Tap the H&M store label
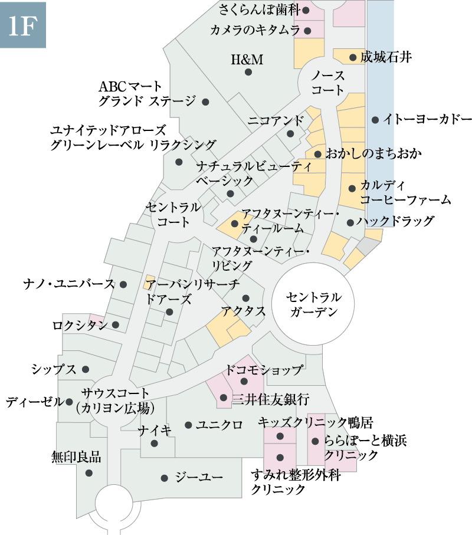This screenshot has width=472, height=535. tap(247, 60)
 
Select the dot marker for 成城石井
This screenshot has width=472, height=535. tap(353, 57)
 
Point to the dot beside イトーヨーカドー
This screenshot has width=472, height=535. tap(375, 120)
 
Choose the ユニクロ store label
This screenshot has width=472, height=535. tap(219, 425)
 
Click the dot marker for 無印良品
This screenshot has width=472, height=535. tap(88, 472)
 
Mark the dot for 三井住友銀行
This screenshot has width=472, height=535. tap(224, 398)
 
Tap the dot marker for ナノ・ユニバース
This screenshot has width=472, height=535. tap(123, 284)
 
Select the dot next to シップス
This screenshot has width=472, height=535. tap(86, 369)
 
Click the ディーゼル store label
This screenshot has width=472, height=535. tap(34, 402)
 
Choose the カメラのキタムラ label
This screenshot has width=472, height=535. tap(255, 30)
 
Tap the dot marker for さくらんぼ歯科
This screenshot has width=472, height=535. tap(306, 10)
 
